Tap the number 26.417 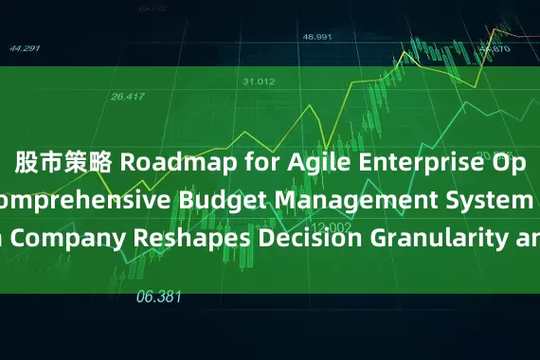click(129, 95)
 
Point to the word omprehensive click(78, 198)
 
